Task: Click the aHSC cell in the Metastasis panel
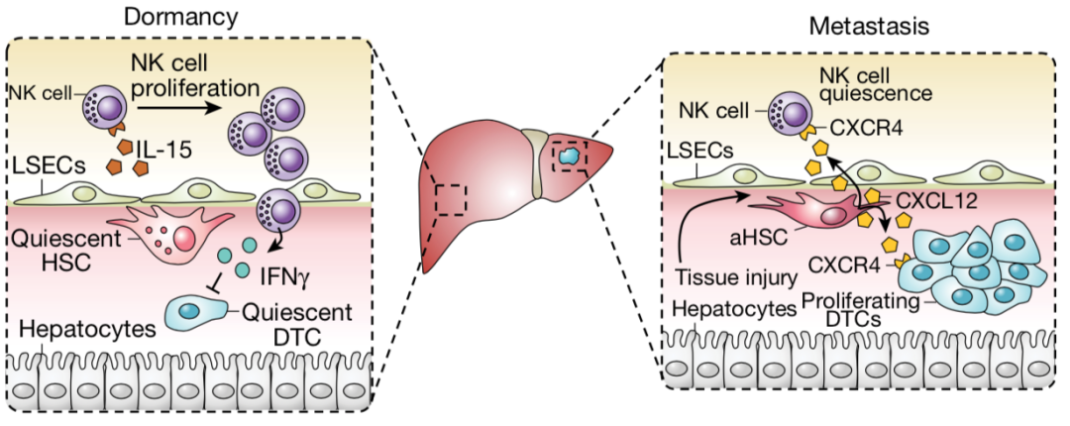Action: click(x=813, y=215)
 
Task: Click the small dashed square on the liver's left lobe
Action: click(x=452, y=198)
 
